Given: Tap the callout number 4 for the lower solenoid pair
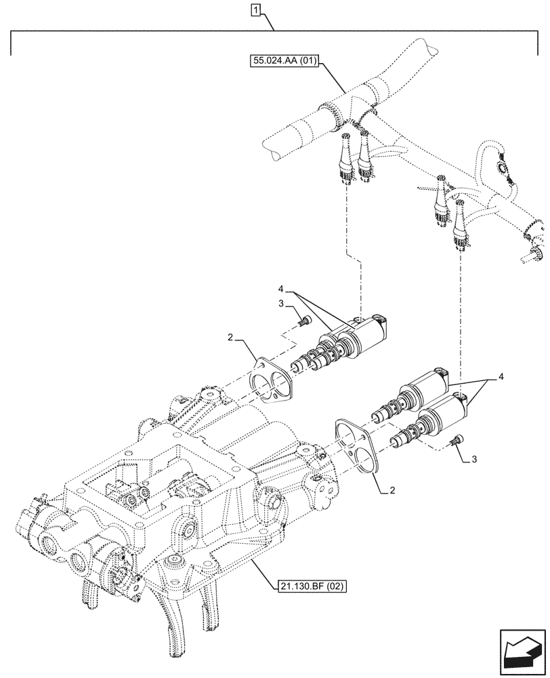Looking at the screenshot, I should click(x=503, y=376).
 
